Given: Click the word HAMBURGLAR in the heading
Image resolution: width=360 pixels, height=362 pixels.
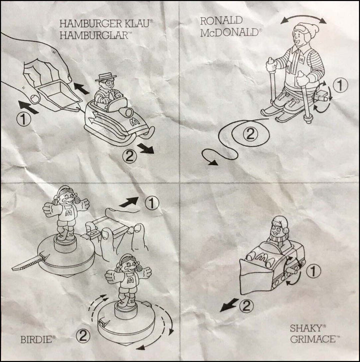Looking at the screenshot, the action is pyautogui.click(x=94, y=36).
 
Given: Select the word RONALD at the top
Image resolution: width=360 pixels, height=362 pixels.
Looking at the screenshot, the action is pyautogui.click(x=221, y=21).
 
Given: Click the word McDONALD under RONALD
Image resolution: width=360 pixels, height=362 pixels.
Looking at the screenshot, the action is pyautogui.click(x=229, y=33).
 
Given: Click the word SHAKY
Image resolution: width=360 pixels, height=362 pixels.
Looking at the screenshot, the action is pyautogui.click(x=306, y=328).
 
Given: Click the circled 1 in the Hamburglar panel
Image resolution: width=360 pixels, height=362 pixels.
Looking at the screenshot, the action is pyautogui.click(x=23, y=119).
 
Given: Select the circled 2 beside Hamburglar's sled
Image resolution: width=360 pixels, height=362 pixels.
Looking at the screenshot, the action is pyautogui.click(x=129, y=157).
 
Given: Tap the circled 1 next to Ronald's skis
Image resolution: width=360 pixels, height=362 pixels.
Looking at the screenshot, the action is pyautogui.click(x=340, y=86).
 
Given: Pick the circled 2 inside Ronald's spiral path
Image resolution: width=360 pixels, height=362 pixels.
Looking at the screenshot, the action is pyautogui.click(x=250, y=134).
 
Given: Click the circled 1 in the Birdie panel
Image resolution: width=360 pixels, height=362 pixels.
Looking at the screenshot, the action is pyautogui.click(x=151, y=203).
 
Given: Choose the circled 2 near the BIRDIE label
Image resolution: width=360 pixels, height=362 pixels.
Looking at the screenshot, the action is pyautogui.click(x=83, y=336).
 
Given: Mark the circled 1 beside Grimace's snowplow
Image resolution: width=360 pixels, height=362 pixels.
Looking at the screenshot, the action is pyautogui.click(x=313, y=271).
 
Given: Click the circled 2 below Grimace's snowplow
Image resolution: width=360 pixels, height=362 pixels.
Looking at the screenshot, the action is pyautogui.click(x=246, y=306).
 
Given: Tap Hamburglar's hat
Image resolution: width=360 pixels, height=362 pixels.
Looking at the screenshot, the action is pyautogui.click(x=106, y=77).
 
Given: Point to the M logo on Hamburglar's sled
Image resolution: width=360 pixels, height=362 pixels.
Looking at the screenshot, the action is pyautogui.click(x=134, y=122).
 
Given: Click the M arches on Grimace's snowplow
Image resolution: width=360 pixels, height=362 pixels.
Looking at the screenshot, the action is pyautogui.click(x=263, y=257).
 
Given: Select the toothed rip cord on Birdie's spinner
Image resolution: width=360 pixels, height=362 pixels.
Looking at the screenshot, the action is pyautogui.click(x=27, y=264).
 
